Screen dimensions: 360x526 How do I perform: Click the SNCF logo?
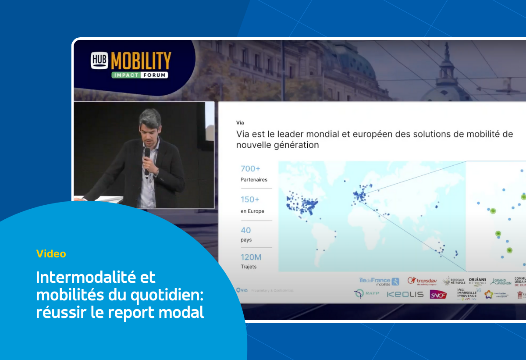(x=438, y=295)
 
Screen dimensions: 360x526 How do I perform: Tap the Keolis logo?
(x=405, y=295)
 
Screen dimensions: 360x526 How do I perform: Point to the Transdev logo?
(x=423, y=281)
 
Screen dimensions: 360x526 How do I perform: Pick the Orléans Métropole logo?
(x=477, y=282)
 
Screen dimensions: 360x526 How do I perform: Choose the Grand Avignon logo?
(x=501, y=282)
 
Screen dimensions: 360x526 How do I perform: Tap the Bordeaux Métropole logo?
(x=453, y=282)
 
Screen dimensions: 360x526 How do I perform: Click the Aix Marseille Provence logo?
(x=467, y=294)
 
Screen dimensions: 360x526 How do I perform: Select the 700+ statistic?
(x=250, y=168)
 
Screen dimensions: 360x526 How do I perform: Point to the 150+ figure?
(x=250, y=200)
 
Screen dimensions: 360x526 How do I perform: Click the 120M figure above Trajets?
(x=251, y=257)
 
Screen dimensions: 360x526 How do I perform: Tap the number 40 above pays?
(x=246, y=230)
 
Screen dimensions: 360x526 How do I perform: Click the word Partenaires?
(x=254, y=179)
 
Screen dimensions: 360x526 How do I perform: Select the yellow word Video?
(x=51, y=253)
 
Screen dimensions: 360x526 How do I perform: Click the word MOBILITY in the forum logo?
(x=141, y=60)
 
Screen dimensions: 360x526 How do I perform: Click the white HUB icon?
(x=100, y=60)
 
